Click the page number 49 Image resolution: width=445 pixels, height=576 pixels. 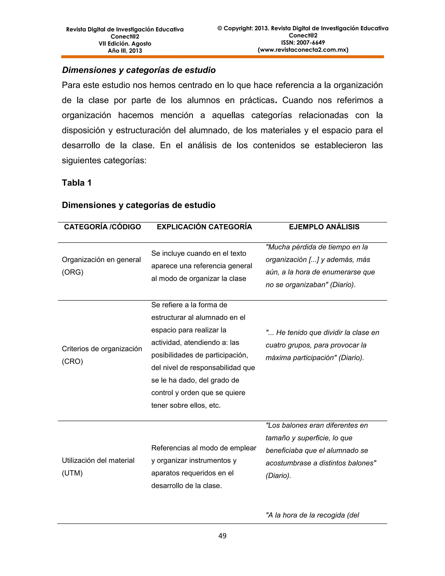click(222, 536)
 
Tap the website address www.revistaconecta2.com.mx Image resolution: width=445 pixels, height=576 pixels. click(303, 50)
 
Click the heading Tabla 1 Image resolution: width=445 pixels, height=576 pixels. click(76, 183)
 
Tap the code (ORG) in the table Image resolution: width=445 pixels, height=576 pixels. click(73, 272)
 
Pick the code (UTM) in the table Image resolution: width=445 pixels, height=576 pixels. click(72, 473)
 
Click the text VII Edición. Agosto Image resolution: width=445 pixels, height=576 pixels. click(125, 43)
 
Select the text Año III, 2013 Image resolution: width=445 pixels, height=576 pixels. click(125, 51)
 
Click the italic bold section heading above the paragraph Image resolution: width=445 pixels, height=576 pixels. click(139, 70)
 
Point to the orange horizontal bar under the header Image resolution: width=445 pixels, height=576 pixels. click(222, 57)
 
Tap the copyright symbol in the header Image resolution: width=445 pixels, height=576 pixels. click(220, 28)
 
